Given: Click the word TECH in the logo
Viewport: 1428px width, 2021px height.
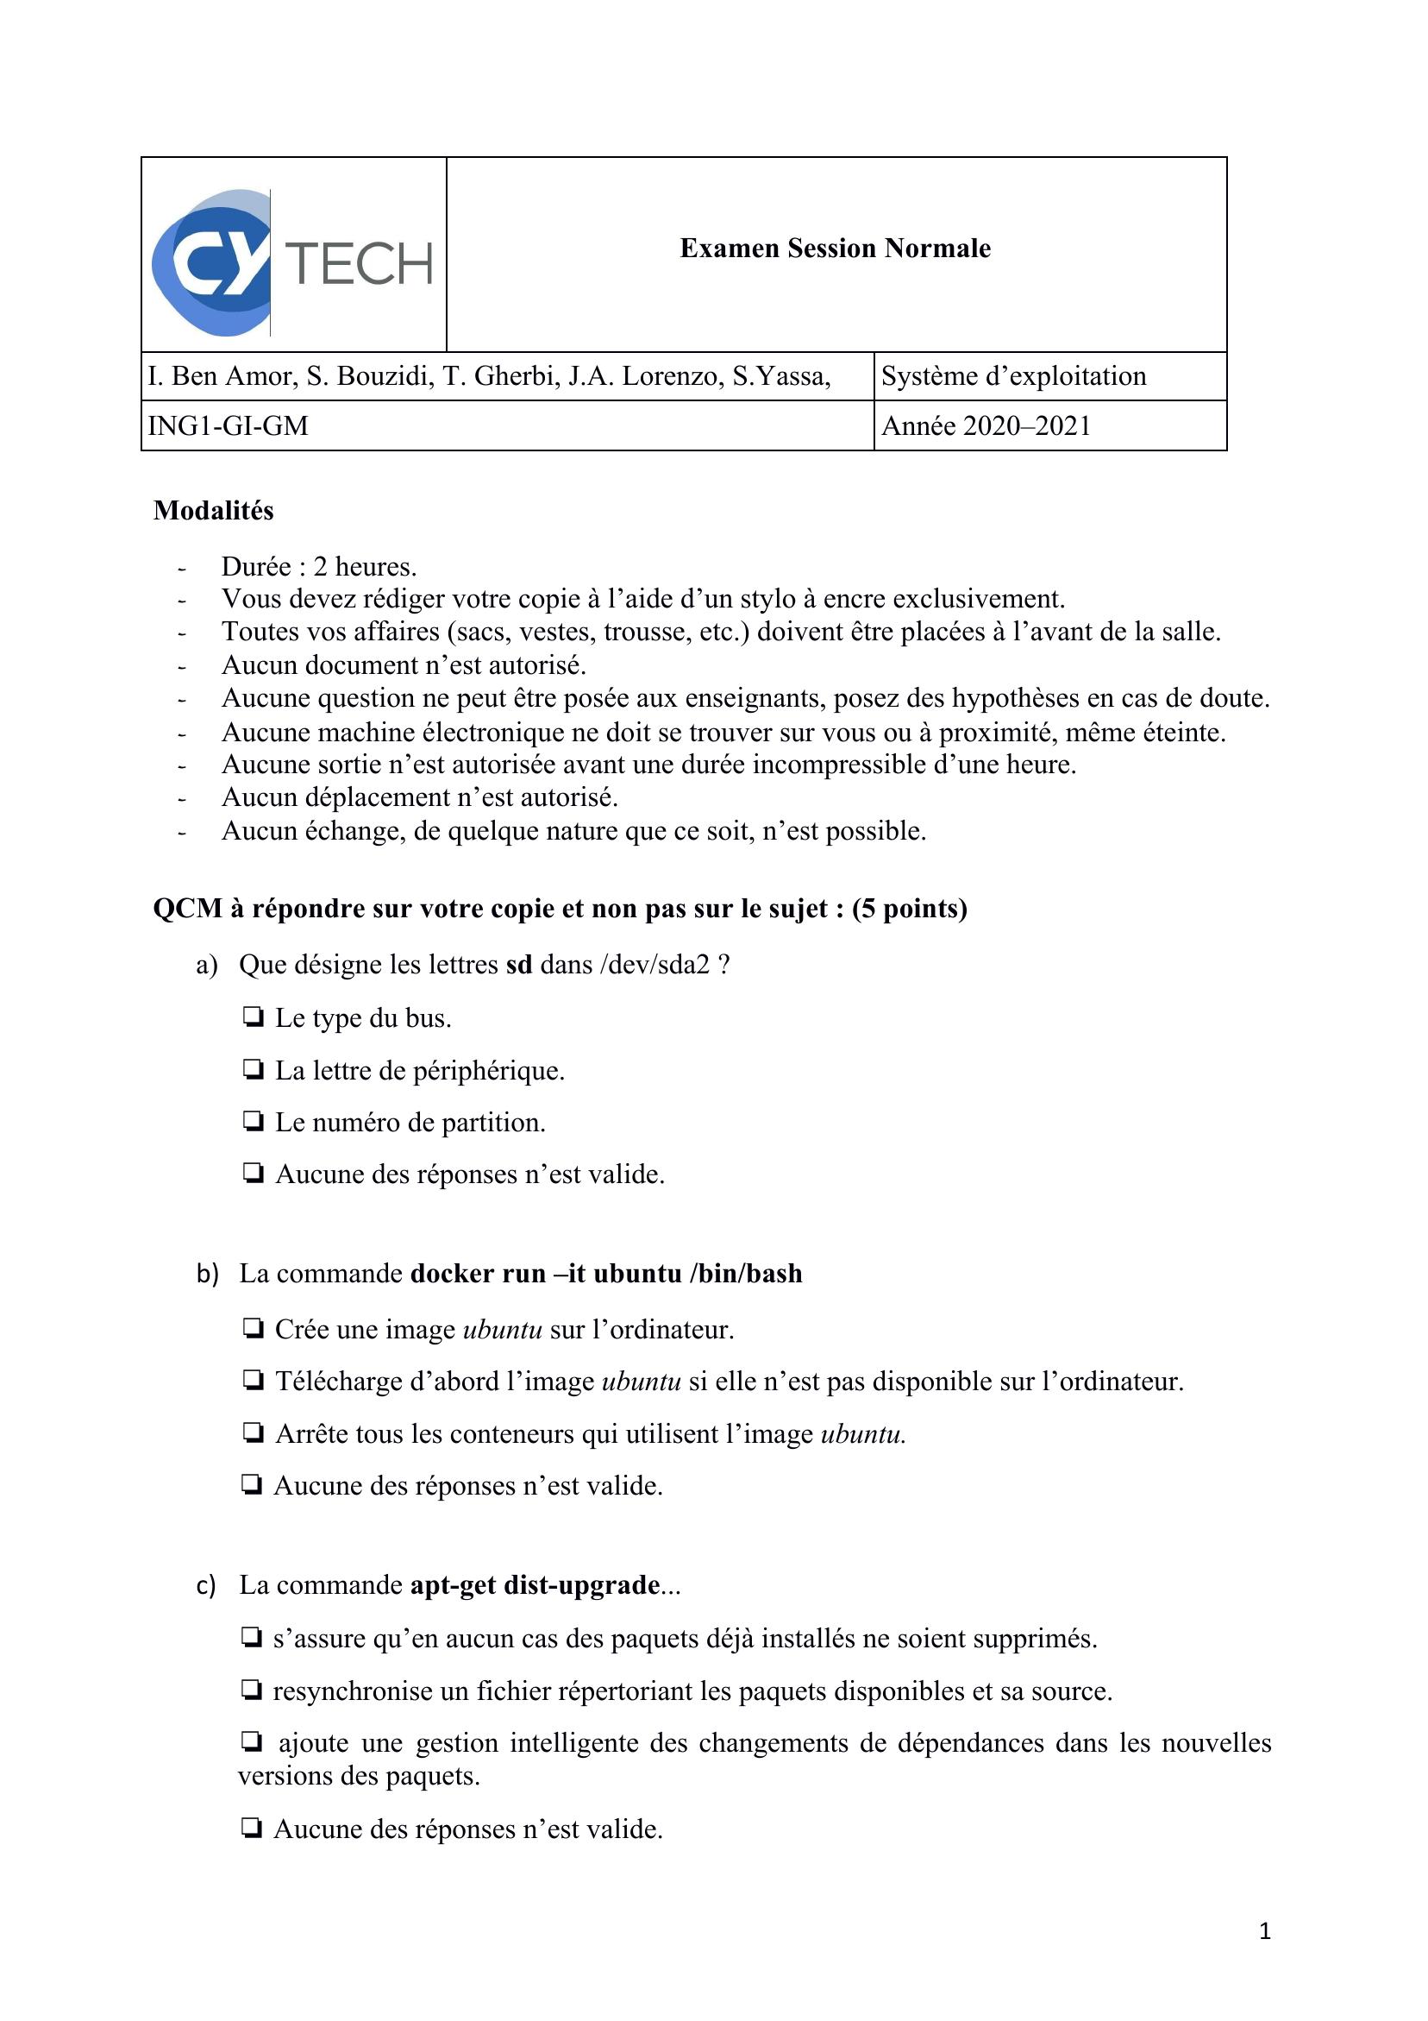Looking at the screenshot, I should [360, 264].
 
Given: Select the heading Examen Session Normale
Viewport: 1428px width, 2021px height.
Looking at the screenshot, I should [835, 249].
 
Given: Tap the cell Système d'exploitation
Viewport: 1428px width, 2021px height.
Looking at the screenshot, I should [1013, 376].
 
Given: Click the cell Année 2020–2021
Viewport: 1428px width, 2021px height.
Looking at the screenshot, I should [986, 426].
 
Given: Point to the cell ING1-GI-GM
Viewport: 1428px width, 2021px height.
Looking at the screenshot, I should [228, 426].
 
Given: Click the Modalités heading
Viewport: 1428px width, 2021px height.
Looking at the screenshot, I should [213, 511].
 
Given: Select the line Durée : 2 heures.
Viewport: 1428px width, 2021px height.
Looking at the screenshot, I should [318, 566].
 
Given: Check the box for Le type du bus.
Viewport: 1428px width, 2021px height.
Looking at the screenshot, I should [254, 1017].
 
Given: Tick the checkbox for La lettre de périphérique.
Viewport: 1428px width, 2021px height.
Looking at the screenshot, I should [254, 1069].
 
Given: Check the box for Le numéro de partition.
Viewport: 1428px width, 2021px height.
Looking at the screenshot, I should [254, 1122].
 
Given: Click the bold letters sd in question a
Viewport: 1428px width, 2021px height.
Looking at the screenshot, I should [519, 965].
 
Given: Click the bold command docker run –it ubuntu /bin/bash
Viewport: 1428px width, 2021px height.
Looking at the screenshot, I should [606, 1274].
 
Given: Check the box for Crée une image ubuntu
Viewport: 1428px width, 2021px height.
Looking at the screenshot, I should [254, 1328].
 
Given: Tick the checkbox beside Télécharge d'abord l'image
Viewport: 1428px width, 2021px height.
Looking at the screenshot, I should [254, 1380].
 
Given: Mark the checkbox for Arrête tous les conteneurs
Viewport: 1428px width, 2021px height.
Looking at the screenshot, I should [254, 1433].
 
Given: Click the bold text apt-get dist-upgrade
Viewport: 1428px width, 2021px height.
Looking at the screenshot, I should [535, 1584].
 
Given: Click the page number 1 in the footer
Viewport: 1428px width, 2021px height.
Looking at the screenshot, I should [1264, 1931].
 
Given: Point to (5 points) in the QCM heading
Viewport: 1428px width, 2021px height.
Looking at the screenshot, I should [910, 909].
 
